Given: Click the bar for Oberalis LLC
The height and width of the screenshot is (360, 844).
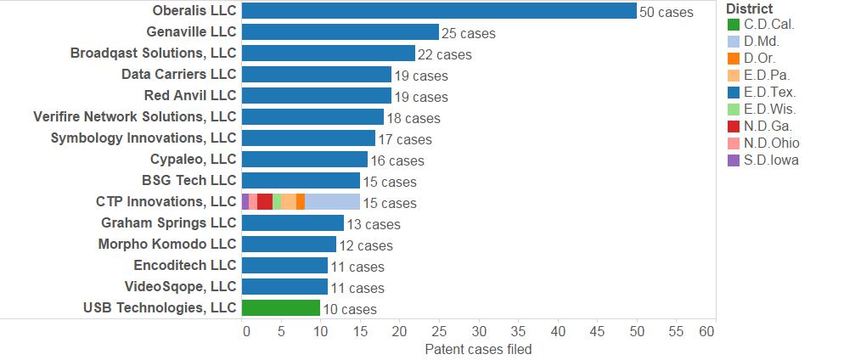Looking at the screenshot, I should (439, 11).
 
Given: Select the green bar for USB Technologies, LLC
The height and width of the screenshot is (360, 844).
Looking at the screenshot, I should (281, 308).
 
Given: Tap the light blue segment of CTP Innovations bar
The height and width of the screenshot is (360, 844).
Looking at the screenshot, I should (332, 202).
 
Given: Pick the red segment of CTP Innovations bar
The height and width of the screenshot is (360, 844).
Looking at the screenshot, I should (265, 202).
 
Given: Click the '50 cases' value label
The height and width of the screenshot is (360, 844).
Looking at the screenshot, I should (667, 13).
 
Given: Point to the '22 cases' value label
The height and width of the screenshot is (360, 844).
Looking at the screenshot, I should (444, 55).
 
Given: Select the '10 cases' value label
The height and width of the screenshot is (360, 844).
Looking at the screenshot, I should (349, 310).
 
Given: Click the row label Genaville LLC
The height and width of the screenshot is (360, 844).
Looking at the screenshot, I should (191, 32).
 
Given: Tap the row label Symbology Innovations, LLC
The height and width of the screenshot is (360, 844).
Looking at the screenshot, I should (143, 138).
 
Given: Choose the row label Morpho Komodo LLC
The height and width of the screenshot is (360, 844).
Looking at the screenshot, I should (168, 244).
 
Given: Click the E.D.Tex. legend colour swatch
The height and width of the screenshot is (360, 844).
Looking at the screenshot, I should (734, 93).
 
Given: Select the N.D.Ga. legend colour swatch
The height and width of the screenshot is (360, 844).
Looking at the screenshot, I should (734, 127).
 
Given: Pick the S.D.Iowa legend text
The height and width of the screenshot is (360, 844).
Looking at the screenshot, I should (772, 160).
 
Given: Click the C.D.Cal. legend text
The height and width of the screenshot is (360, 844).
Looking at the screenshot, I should (769, 25).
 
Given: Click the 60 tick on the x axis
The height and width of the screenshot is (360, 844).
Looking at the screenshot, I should (706, 331).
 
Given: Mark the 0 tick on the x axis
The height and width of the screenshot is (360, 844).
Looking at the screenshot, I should (246, 331).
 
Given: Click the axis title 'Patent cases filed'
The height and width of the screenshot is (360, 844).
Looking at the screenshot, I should (478, 349).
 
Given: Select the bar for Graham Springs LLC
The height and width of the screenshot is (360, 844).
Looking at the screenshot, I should (293, 223).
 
